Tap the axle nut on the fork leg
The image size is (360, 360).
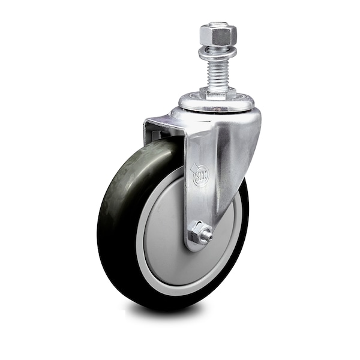pyautogui.click(x=199, y=232)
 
